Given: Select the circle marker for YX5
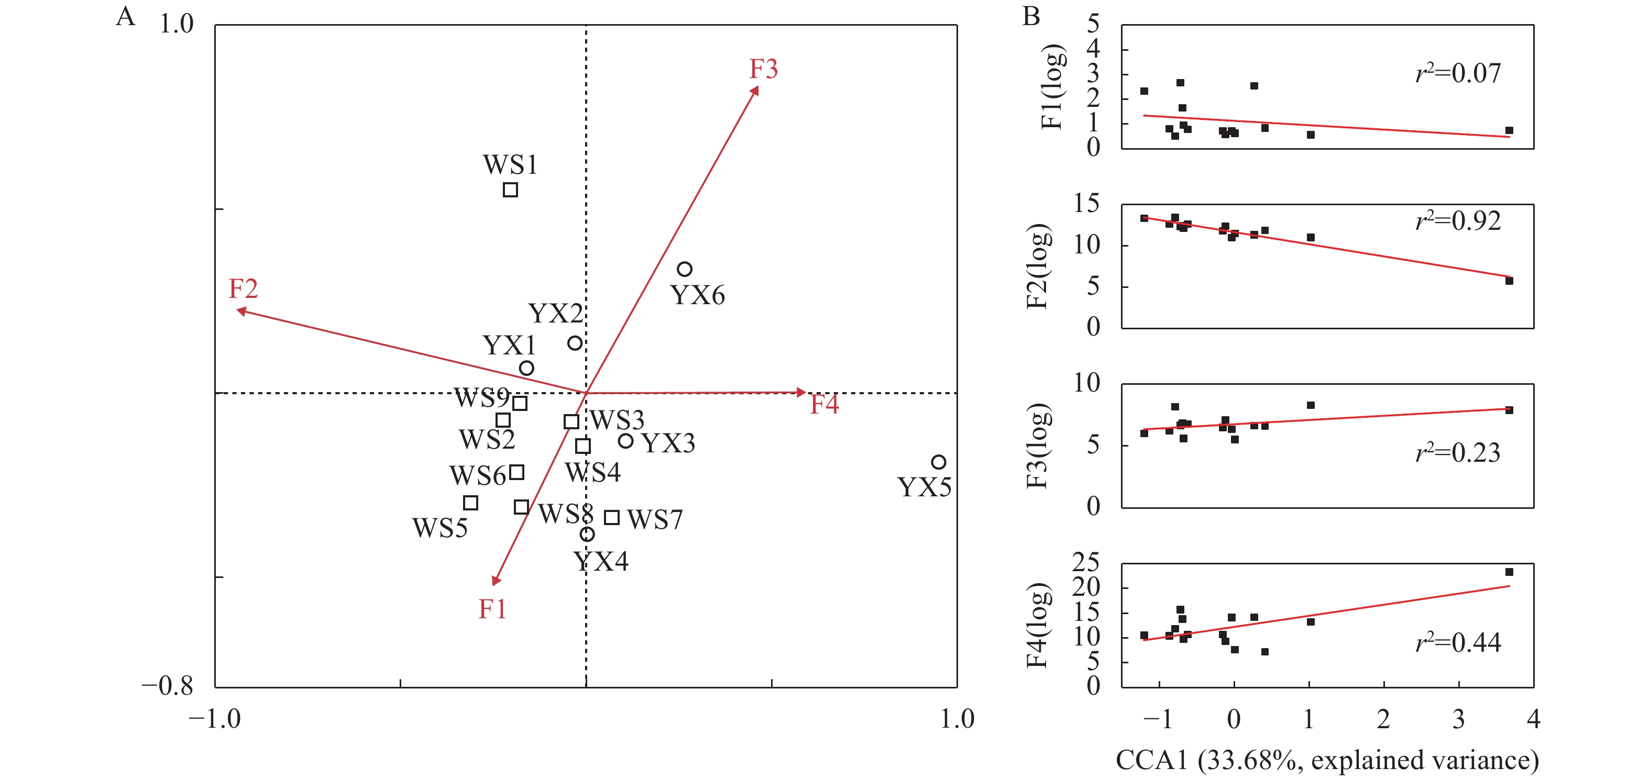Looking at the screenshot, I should pyautogui.click(x=938, y=462).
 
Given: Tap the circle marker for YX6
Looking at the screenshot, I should pyautogui.click(x=685, y=269).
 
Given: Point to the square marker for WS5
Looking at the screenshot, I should pyautogui.click(x=470, y=503).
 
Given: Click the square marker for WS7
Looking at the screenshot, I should pyautogui.click(x=612, y=517).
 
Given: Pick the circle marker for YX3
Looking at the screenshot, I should pyautogui.click(x=626, y=440).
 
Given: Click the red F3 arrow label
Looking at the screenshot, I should pyautogui.click(x=764, y=69).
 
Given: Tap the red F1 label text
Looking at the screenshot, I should pyautogui.click(x=492, y=609).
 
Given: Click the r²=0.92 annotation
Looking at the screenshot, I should pyautogui.click(x=1458, y=221).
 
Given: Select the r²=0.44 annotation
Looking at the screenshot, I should pyautogui.click(x=1458, y=642).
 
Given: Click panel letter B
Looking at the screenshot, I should pyautogui.click(x=1031, y=16).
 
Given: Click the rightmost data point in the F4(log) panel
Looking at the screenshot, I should pyautogui.click(x=1509, y=572).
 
